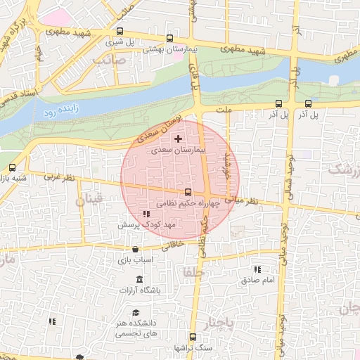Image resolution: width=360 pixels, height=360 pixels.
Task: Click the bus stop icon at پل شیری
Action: click(120, 32)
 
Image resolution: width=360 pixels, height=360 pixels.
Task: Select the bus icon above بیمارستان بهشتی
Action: click(169, 39)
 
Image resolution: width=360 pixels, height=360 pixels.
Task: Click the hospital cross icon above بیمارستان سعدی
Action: click(178, 139)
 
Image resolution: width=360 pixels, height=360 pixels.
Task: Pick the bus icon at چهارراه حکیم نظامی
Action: click(188, 192)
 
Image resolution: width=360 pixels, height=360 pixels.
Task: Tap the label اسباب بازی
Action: click(134, 259)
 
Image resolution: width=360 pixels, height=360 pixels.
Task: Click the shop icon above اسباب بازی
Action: click(135, 249)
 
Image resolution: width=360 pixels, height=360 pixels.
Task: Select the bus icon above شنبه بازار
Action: click(12, 167)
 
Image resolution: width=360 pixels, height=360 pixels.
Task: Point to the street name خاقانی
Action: click(172, 246)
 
